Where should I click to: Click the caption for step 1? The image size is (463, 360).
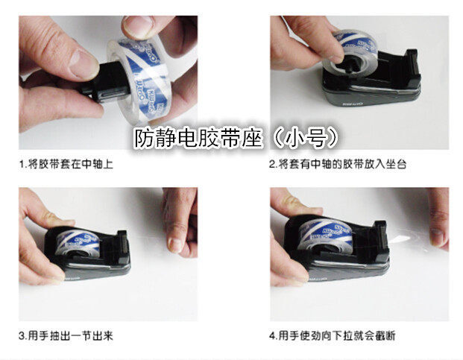click(66, 164)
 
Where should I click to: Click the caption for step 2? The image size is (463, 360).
click(338, 164)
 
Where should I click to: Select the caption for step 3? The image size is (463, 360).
click(66, 335)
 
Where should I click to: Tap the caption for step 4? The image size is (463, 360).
click(333, 335)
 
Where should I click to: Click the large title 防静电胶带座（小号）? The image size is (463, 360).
click(236, 138)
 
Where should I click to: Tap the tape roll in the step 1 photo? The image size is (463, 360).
click(139, 80)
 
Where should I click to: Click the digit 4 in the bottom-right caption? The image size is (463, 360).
click(272, 336)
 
